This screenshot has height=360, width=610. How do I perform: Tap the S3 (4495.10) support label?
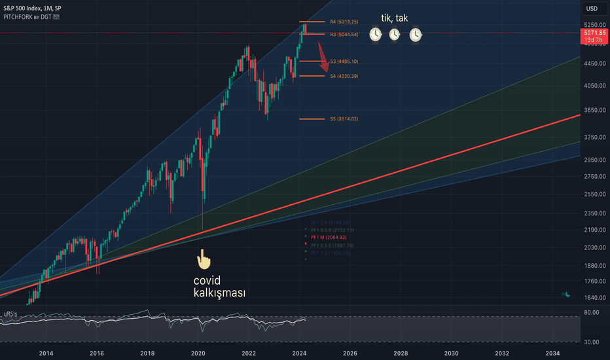pos(344,62)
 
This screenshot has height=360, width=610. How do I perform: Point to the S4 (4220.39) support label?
pos(344,77)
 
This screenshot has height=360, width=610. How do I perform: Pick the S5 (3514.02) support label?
pos(344,119)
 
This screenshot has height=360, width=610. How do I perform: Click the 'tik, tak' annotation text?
pos(395,18)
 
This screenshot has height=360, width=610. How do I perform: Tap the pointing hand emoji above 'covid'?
pos(204,259)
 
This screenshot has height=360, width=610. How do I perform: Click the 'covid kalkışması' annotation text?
pos(219,287)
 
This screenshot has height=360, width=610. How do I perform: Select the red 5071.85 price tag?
pos(594,35)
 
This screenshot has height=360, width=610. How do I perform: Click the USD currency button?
pos(592,9)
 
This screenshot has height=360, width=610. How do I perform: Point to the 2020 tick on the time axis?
pos(198,353)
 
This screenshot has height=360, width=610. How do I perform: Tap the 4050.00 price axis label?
pos(592,86)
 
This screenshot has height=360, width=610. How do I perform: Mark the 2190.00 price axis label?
pos(592,230)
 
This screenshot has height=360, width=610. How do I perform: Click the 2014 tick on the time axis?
pos(46,353)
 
